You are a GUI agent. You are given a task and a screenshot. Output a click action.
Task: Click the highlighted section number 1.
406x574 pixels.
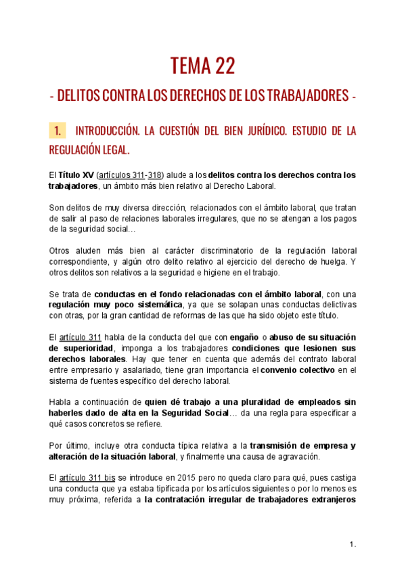[58, 131]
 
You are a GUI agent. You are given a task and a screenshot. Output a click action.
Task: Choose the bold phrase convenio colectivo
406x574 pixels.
[298, 370]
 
